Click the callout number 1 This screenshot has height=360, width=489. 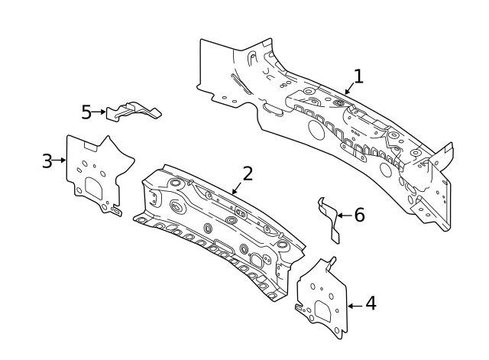pos(358,76)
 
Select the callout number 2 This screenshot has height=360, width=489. pos(248,174)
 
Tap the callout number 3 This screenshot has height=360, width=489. pos(47,161)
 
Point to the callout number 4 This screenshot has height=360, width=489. pos(371,303)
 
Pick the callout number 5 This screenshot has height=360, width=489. pos(86,112)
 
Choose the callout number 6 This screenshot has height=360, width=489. pos(360,215)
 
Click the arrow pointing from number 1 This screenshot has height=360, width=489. pos(349,89)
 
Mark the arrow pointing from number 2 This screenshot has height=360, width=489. pos(237,188)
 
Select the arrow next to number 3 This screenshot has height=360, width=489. pos(60,160)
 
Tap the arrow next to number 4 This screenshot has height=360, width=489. pos(355,306)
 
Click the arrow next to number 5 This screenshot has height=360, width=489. pos(99,112)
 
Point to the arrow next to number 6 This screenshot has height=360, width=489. pos(345,216)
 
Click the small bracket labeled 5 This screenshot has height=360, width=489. pos(134,110)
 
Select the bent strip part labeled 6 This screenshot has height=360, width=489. pos(329,219)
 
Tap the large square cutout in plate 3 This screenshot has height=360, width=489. pos(93,188)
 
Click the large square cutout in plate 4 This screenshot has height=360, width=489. pos(323,311)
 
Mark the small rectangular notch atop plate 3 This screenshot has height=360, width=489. pos(91,146)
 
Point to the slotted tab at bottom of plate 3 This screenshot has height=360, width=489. pos(116,212)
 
